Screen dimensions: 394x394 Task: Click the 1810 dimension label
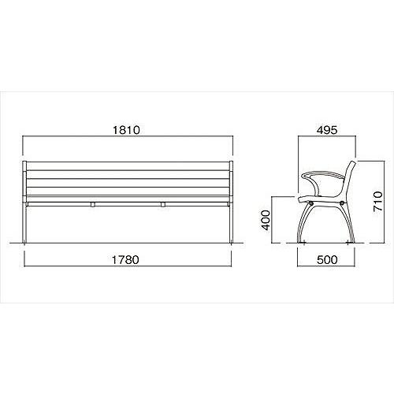click(x=126, y=130)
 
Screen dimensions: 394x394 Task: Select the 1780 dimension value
click(x=125, y=260)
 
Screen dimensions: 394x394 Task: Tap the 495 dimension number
click(x=327, y=130)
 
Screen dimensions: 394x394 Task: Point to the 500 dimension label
click(x=327, y=260)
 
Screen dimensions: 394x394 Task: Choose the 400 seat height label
click(x=266, y=220)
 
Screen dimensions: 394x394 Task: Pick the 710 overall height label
click(x=378, y=202)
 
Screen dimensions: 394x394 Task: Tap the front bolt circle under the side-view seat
click(x=311, y=203)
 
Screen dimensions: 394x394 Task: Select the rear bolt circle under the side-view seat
click(x=342, y=203)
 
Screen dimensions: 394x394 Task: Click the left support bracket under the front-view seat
click(x=93, y=204)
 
